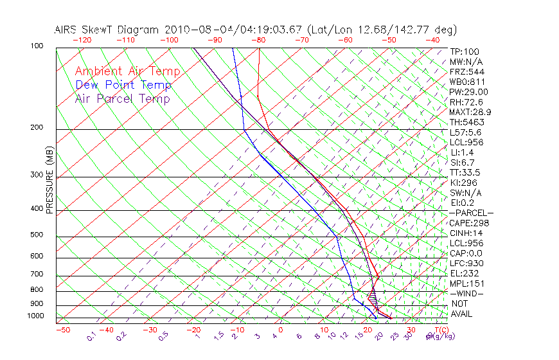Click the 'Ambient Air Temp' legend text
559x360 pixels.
pos(127,71)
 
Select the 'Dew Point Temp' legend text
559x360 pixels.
pos(123,85)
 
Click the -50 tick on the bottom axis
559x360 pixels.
pos(62,330)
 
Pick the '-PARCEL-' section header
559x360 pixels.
pos(471,213)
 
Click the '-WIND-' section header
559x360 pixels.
pos(466,293)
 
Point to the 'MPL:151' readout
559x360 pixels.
pos(467,283)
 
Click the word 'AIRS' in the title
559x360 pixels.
pos(67,30)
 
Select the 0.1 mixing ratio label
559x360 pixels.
pos(92,336)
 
